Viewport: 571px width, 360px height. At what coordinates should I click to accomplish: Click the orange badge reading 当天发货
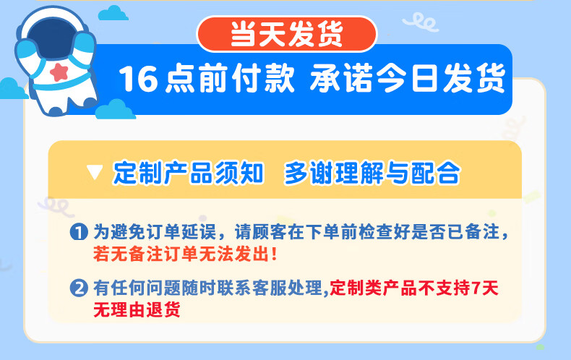[287, 34]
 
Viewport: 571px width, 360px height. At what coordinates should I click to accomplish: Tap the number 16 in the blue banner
[138, 79]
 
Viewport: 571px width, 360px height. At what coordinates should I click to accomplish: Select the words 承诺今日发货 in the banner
[408, 78]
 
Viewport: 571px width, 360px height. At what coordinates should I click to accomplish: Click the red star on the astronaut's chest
[59, 72]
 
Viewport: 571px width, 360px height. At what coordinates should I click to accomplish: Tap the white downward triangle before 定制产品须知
[95, 172]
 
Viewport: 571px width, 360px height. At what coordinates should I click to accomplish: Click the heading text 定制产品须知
[188, 173]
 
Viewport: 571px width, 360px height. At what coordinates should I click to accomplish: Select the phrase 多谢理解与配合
[372, 173]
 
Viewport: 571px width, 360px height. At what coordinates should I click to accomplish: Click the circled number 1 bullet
[79, 232]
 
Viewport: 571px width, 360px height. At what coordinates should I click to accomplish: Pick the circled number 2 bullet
[79, 288]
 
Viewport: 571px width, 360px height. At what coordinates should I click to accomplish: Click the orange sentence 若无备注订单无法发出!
[185, 254]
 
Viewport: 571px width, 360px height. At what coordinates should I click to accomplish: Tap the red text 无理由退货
[137, 310]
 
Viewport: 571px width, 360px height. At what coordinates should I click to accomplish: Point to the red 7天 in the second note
[486, 288]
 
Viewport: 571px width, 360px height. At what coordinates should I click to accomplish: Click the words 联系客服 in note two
[252, 288]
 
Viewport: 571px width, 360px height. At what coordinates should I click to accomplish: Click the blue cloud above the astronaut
[113, 13]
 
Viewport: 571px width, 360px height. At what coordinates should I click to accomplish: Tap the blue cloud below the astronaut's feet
[116, 109]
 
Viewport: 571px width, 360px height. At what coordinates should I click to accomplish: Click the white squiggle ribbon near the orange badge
[421, 22]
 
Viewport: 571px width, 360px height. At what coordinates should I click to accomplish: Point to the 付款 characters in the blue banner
[263, 78]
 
